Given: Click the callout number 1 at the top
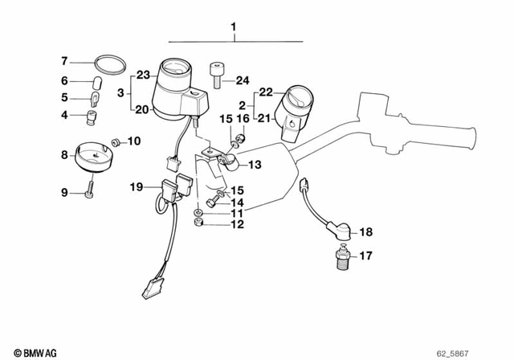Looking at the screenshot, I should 234,30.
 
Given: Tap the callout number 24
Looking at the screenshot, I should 243,80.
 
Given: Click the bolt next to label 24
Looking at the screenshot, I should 218,75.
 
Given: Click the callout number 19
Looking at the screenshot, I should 136,186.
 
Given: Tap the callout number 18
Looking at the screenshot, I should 365,231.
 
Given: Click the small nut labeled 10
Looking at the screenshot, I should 116,141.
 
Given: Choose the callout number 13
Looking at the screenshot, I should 255,166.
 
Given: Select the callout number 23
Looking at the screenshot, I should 143,75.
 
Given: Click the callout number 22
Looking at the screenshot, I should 266,91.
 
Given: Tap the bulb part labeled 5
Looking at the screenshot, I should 93,98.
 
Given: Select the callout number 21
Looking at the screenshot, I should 266,117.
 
